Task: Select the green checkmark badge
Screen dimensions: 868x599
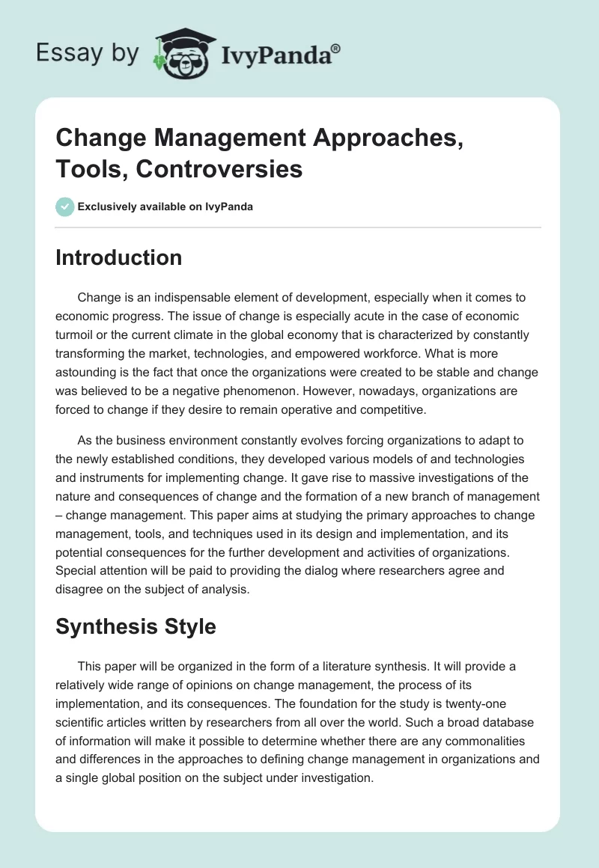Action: point(64,207)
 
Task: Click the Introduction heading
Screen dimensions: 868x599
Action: point(118,257)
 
